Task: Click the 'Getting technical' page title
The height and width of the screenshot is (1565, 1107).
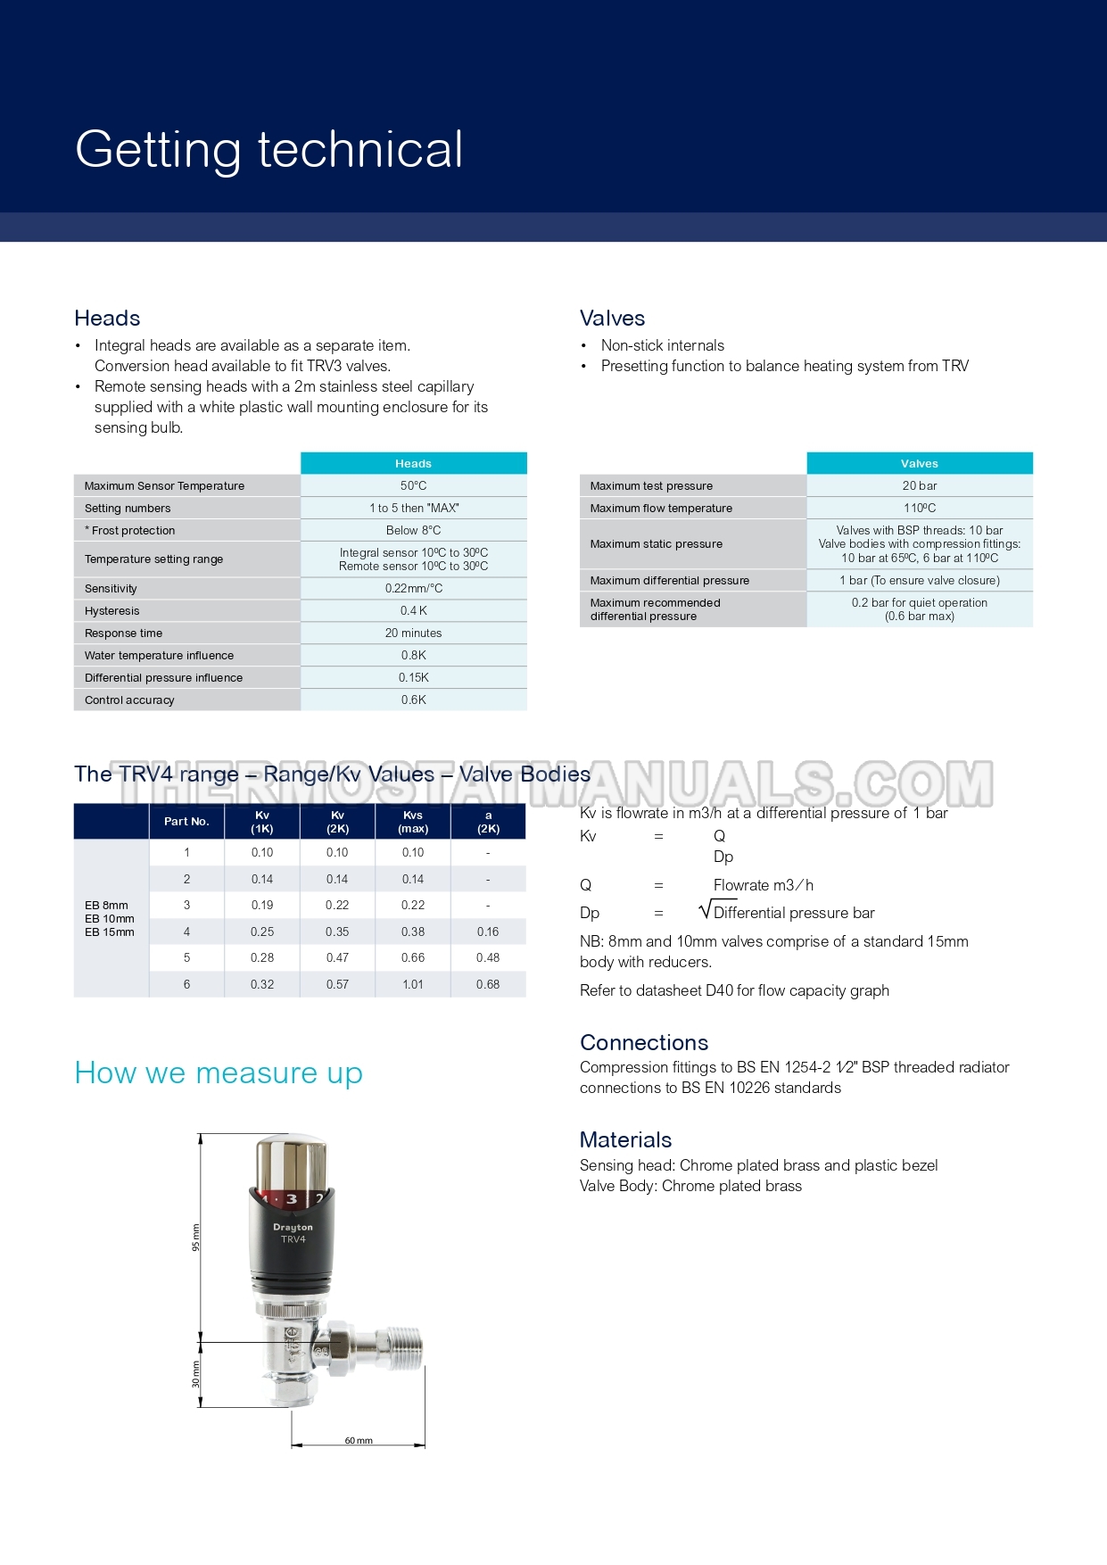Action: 269,149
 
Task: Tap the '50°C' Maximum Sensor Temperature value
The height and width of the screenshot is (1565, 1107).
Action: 413,485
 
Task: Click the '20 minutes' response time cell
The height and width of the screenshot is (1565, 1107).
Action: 413,633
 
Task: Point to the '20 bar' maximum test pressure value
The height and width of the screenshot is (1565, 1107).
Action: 919,485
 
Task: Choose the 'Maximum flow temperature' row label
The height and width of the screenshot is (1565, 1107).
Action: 661,508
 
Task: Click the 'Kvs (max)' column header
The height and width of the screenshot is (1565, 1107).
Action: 413,822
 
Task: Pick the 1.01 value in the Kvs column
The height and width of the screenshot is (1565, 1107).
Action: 413,984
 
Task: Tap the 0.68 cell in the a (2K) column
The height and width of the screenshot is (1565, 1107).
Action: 488,984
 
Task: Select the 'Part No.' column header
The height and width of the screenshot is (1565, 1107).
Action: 186,822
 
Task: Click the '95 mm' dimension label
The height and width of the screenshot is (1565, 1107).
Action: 196,1238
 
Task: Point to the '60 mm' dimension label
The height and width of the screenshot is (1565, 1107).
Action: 359,1441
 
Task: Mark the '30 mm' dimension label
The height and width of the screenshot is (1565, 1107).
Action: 196,1374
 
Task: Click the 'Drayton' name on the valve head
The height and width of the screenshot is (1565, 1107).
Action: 293,1228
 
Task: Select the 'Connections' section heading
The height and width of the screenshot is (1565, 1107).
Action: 644,1042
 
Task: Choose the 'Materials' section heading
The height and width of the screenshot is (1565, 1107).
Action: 625,1139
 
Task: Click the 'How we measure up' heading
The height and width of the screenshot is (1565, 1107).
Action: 219,1072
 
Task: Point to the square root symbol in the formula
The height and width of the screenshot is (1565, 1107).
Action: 706,910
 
